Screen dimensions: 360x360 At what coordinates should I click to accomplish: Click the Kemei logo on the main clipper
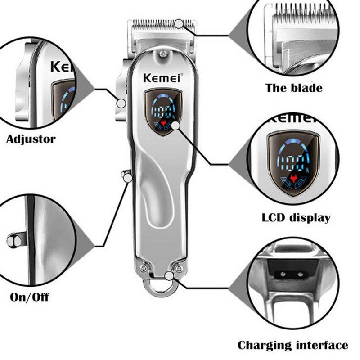coord(162,77)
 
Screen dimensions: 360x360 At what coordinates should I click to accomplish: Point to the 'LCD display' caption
coord(296,218)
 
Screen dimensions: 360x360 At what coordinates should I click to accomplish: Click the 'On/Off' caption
coord(29,297)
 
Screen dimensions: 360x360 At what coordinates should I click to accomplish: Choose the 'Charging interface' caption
coord(292,345)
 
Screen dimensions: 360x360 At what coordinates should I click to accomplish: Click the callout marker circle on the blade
coord(180,23)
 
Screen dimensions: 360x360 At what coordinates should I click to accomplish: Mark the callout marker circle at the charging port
coord(170,276)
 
